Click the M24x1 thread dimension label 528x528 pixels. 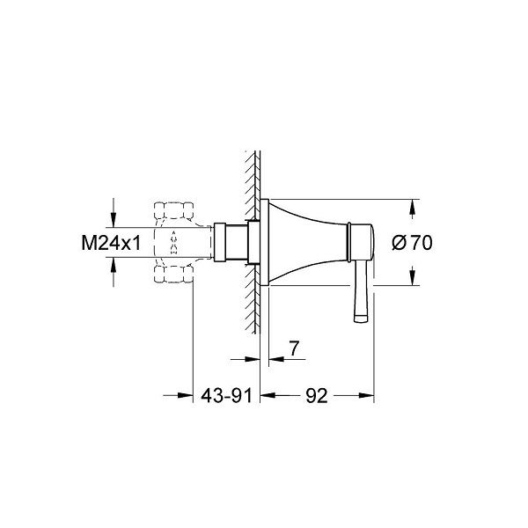coord(111,243)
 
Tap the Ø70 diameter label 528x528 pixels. coord(412,243)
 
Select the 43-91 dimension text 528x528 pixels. coord(226,396)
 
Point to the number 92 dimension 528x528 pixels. coord(317,396)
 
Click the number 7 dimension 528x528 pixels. coord(294,348)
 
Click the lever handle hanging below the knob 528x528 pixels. coord(362,292)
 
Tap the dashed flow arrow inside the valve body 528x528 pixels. coord(173,243)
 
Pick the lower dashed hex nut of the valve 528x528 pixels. coord(173,274)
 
